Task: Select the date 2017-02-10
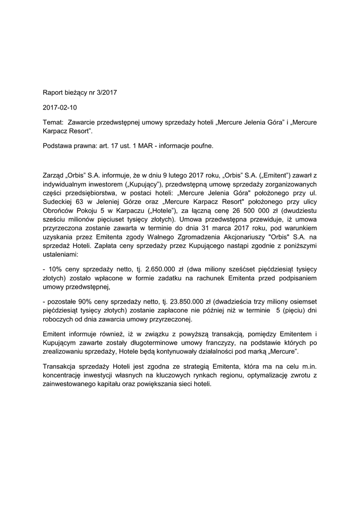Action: tap(60, 107)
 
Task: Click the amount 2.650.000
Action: tap(159, 269)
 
